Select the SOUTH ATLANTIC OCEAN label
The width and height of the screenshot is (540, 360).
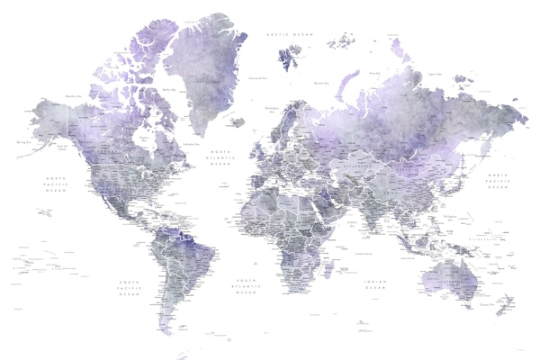tap(246, 285)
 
